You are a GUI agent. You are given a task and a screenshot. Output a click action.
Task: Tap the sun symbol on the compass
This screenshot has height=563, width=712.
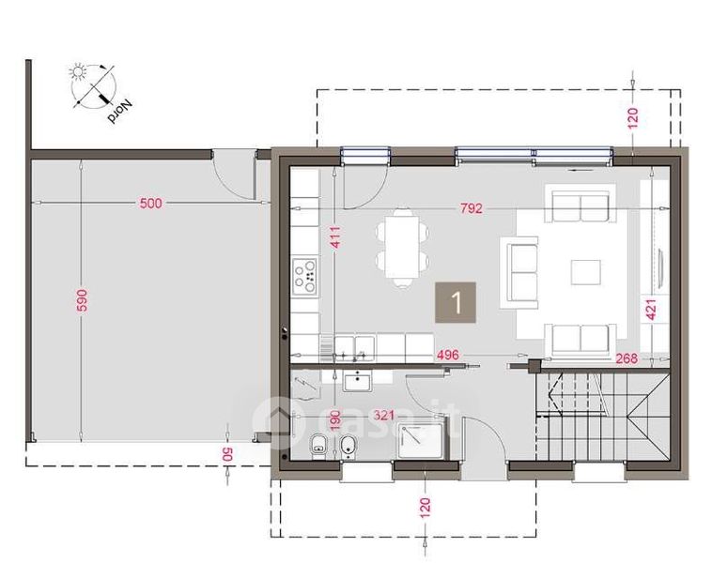(78, 72)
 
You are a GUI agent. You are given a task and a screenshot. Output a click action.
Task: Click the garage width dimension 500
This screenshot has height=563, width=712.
(150, 203)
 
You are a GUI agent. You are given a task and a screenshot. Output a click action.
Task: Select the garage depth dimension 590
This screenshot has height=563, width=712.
(82, 300)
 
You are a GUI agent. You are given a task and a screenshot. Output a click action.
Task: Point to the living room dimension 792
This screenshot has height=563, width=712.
(472, 208)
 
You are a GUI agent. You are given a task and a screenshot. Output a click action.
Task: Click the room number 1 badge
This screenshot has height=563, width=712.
(456, 302)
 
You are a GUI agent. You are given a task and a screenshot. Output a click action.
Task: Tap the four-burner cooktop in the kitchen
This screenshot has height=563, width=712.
(304, 277)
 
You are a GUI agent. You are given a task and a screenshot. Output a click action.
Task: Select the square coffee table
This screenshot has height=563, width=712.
(586, 272)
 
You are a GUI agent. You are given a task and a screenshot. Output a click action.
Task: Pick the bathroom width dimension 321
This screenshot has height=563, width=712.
(383, 415)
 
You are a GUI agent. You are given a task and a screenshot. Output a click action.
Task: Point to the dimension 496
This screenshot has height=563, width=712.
(448, 355)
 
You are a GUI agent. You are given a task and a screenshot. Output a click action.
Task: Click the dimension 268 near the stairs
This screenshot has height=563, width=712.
(627, 358)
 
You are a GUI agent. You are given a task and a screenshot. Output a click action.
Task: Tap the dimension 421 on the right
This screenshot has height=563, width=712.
(651, 310)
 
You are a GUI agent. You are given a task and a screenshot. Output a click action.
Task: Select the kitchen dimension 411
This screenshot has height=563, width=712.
(335, 237)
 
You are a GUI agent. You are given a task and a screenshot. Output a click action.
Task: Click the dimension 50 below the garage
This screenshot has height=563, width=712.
(227, 454)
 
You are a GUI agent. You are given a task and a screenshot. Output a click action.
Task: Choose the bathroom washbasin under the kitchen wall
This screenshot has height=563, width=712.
(357, 381)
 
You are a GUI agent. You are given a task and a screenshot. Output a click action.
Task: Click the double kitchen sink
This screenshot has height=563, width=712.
(355, 348)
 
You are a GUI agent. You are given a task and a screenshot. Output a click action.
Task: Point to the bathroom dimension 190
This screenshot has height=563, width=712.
(334, 420)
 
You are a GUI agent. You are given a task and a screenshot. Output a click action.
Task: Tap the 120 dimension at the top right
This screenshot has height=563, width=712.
(633, 118)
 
